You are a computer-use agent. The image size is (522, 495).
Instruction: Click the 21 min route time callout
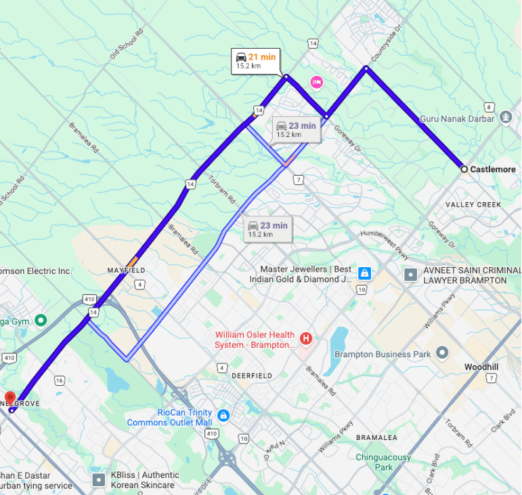(255, 61)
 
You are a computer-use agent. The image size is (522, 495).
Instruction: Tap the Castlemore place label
(494, 170)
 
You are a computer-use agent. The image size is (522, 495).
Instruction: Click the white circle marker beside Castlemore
(464, 169)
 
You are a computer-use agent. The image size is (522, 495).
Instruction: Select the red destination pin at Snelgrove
(10, 398)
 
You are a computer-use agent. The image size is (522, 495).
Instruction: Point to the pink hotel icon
(316, 83)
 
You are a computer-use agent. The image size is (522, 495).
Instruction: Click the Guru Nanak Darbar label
(457, 119)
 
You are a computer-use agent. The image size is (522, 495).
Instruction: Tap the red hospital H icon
(306, 338)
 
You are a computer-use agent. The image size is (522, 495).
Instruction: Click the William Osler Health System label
(255, 340)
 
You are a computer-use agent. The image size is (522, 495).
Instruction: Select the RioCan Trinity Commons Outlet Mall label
(170, 418)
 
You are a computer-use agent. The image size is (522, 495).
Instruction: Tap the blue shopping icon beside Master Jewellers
(364, 273)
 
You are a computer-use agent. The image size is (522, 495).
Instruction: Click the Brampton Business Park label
(383, 354)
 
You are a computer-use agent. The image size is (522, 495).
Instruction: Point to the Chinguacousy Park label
(383, 462)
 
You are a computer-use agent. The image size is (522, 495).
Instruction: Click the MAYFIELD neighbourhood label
(127, 271)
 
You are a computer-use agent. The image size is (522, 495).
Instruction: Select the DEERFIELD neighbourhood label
(251, 376)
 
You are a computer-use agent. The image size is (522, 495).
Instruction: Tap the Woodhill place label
(481, 367)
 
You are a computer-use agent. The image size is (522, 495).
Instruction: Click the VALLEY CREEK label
(473, 204)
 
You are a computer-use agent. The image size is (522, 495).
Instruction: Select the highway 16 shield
(60, 381)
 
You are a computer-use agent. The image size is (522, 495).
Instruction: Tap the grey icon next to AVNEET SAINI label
(410, 275)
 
